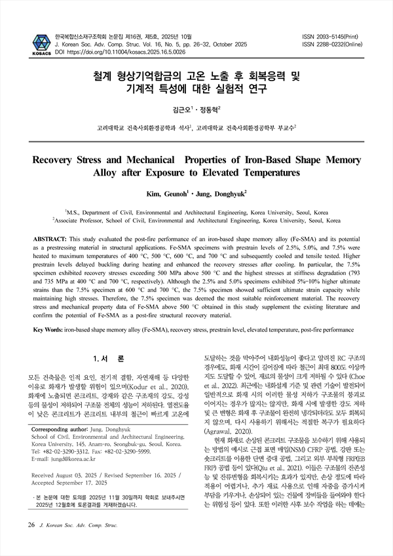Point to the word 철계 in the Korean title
pyautogui.click(x=105, y=77)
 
